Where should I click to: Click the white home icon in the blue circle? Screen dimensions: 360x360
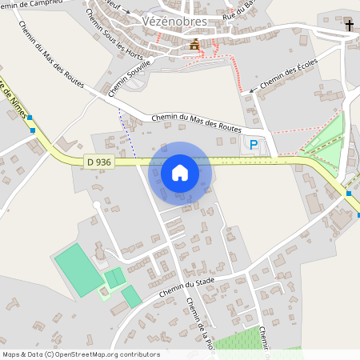[180, 172]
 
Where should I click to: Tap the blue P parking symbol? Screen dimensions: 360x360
[254, 145]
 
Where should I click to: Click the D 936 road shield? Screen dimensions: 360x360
[99, 162]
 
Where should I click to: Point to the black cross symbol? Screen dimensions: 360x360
[349, 26]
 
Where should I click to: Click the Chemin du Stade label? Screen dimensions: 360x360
[189, 285]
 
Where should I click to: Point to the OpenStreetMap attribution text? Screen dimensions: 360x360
[81, 354]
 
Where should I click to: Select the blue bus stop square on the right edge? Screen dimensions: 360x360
[349, 194]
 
